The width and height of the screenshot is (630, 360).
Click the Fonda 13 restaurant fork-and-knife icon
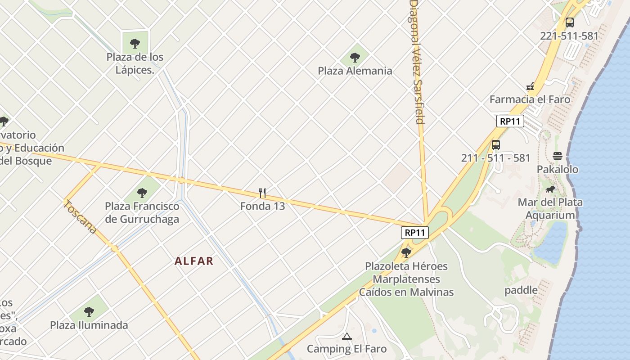point(263,193)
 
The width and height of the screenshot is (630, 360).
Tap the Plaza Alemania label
point(355,71)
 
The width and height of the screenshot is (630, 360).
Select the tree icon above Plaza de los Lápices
point(135,44)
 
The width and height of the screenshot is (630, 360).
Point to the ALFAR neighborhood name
point(194,261)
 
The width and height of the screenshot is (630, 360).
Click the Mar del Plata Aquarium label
point(550,208)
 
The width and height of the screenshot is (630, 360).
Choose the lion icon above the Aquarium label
point(550,189)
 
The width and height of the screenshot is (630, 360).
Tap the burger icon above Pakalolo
point(558,156)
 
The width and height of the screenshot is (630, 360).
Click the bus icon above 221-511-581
point(569,22)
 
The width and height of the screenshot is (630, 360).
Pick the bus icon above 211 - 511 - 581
point(495,145)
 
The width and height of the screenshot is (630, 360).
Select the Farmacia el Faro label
point(530,99)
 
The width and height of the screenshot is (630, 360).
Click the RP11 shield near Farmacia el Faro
point(510,121)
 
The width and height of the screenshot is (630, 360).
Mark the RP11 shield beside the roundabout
point(415,233)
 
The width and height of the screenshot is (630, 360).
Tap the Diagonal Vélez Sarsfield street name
point(417,63)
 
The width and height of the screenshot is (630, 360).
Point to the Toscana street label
point(80,217)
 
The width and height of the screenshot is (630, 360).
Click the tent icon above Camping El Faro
point(346,336)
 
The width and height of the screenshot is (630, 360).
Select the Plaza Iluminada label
point(89,325)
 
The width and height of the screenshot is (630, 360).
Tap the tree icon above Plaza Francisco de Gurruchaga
point(142,193)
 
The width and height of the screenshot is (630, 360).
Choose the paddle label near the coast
point(521,290)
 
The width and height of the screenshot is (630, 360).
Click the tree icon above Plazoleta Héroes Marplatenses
point(406,252)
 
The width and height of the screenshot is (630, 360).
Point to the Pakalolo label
point(558,169)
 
